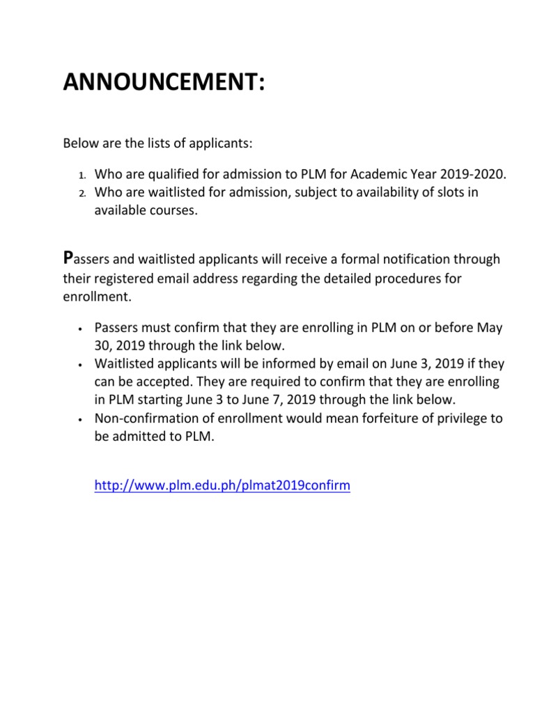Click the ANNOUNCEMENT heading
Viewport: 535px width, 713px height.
pos(164,83)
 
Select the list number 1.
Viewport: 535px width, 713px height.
pos(81,174)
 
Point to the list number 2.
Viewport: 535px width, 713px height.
pos(81,192)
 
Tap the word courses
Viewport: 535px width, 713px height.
pos(174,210)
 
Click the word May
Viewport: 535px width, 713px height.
pos(489,327)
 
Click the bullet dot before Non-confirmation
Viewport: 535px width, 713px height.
pos(82,419)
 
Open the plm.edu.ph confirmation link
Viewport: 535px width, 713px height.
pos(222,486)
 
